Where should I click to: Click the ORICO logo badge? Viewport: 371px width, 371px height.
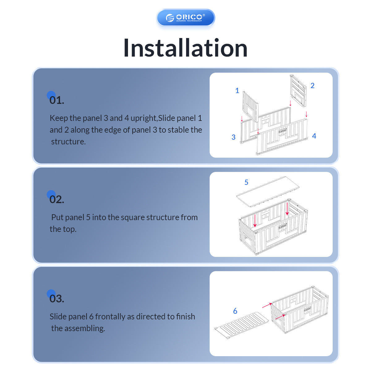[185, 18]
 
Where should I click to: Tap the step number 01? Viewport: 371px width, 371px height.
[57, 100]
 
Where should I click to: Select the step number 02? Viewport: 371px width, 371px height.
[57, 199]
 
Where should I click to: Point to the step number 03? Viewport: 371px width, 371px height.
[57, 299]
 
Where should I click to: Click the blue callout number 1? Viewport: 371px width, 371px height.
[237, 91]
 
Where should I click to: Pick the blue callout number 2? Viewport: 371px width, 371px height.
[313, 85]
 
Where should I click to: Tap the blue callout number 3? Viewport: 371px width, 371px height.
[233, 137]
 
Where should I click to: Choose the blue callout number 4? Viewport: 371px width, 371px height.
[314, 136]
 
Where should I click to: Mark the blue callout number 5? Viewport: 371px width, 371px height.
[246, 182]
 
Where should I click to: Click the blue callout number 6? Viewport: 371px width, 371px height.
[235, 311]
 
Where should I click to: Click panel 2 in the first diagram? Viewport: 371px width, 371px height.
[298, 91]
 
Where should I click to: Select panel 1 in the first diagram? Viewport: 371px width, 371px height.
[250, 106]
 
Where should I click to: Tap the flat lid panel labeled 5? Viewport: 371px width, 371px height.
[268, 192]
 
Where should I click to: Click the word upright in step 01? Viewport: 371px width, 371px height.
[144, 118]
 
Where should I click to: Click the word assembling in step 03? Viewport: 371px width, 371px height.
[85, 328]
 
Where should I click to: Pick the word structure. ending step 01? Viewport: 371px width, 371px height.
[68, 142]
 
